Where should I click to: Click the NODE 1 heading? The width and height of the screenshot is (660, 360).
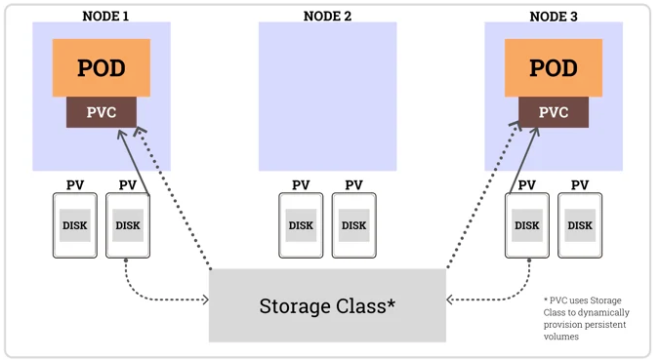(102, 17)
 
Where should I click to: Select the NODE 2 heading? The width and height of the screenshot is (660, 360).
(327, 17)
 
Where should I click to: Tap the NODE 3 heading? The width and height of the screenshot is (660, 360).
(554, 17)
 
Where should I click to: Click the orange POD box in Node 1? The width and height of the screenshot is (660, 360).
(102, 67)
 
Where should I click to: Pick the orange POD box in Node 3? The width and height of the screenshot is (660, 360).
(554, 67)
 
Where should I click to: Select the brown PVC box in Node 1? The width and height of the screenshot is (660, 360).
(102, 112)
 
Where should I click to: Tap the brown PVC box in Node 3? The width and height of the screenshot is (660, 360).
(554, 112)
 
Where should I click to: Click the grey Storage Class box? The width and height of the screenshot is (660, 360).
(327, 305)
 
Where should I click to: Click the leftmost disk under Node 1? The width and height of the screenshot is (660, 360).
(75, 225)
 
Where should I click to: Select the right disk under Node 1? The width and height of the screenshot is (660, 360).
(128, 225)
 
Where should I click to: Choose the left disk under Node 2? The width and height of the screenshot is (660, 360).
(301, 225)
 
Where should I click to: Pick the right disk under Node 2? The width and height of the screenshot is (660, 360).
(353, 225)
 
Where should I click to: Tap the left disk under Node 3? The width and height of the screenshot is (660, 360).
(527, 225)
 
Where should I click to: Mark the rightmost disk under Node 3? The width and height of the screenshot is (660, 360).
(580, 225)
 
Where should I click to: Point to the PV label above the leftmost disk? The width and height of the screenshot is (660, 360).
(75, 185)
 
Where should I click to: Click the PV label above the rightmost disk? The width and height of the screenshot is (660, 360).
(580, 185)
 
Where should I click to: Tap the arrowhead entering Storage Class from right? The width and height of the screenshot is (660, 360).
(450, 300)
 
